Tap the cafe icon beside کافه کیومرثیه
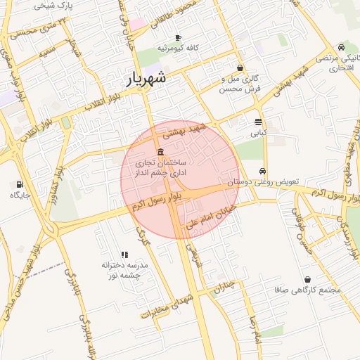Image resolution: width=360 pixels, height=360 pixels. (x=179, y=37)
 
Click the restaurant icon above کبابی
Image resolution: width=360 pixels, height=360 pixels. (x=258, y=121)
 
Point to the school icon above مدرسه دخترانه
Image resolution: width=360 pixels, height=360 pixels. (x=124, y=255)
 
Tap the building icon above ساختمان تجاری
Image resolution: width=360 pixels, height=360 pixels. (x=161, y=153)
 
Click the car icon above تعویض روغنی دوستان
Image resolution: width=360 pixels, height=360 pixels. (x=262, y=171)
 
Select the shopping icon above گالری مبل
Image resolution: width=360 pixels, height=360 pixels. (x=240, y=68)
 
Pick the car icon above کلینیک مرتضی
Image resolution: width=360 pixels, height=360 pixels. (x=341, y=47)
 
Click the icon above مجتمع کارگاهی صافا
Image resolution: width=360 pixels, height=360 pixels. (x=307, y=280)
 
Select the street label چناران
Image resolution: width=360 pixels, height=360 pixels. (x=224, y=287)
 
